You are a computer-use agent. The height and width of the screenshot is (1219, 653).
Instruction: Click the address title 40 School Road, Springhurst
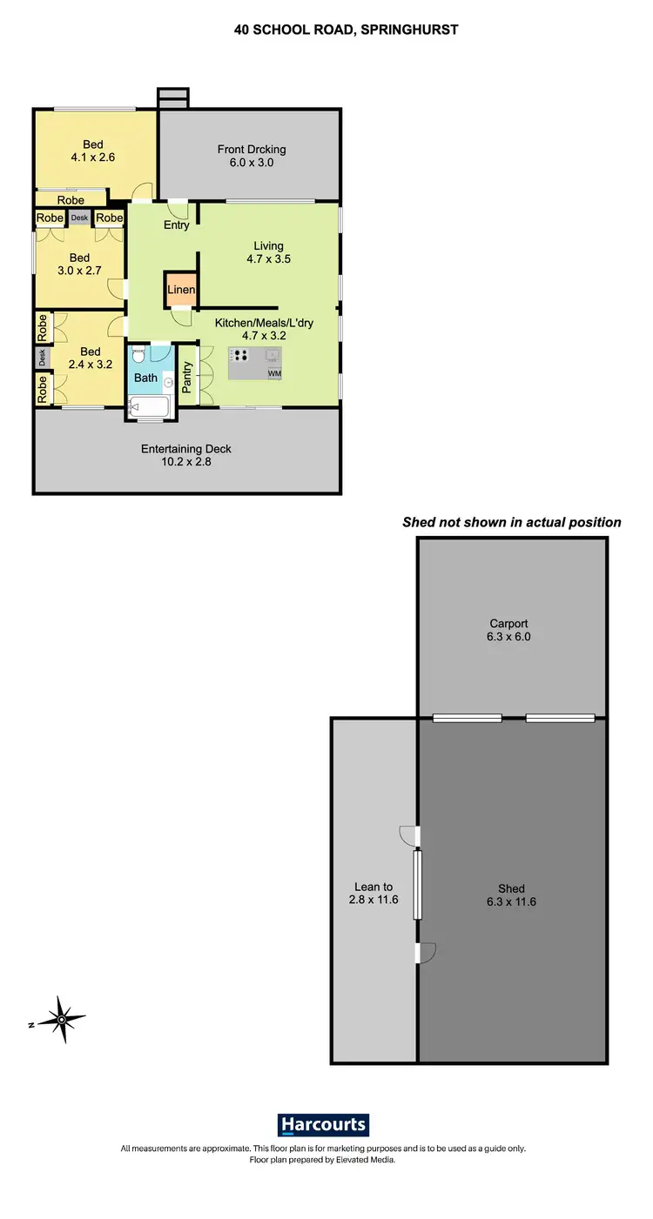point(346,30)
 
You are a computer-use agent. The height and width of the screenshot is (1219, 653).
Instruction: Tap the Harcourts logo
point(323,1124)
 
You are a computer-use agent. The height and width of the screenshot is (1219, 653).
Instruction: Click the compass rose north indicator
point(62,1019)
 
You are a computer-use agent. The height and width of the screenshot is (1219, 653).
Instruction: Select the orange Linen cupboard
point(181,290)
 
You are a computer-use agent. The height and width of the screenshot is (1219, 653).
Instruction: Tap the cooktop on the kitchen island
point(240,356)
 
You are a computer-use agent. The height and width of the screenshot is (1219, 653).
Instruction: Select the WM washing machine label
point(274,373)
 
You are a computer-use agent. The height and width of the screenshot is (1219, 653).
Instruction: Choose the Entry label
point(177,225)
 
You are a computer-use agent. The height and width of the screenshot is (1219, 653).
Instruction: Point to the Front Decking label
point(252,156)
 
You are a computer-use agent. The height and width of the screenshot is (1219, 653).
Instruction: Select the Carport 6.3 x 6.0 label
point(509,630)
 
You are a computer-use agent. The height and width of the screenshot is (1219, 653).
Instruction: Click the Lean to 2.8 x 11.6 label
point(373,894)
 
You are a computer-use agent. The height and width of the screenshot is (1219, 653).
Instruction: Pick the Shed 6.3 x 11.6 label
point(511,895)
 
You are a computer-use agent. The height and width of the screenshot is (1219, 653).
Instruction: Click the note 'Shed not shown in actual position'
point(512,523)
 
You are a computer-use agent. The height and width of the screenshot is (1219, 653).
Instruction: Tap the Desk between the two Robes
point(79,218)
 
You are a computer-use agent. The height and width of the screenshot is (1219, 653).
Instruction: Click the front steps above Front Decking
point(172,97)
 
